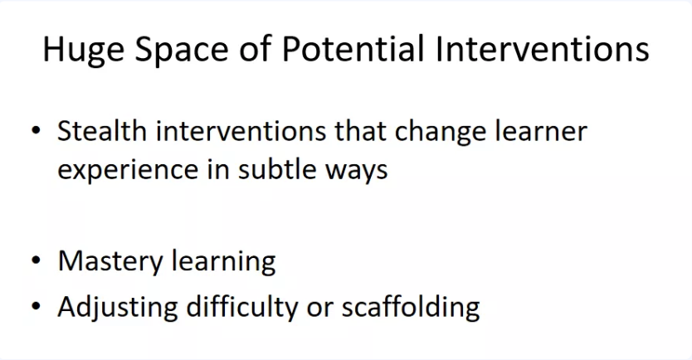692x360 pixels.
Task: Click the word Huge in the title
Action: click(84, 50)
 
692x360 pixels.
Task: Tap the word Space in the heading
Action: click(182, 50)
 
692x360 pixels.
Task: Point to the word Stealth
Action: click(102, 130)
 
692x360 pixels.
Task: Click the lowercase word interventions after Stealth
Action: click(241, 130)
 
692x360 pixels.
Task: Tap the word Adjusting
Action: click(117, 307)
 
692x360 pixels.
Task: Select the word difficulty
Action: click(242, 307)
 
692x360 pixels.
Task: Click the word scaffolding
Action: click(411, 307)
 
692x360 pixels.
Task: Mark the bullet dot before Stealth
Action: click(37, 130)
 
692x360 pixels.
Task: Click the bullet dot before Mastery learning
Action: click(37, 260)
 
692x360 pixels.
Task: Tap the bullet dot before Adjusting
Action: click(37, 305)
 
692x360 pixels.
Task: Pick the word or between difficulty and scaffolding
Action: click(320, 309)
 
